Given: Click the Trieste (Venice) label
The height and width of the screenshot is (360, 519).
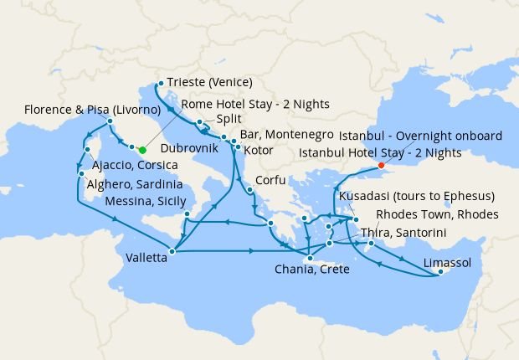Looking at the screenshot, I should pos(210,83).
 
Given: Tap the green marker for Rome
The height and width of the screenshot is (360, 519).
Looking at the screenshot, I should pos(142,150).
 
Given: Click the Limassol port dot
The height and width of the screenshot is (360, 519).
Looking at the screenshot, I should pos(441,271).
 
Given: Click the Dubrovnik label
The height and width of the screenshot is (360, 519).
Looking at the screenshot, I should pos(189,147).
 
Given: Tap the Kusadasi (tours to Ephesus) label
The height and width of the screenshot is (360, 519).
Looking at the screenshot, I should pos(416,197).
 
